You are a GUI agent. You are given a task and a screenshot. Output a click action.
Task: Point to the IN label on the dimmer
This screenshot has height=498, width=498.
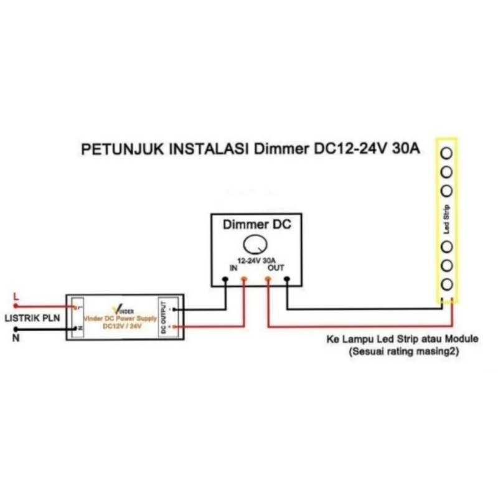coord(233,268)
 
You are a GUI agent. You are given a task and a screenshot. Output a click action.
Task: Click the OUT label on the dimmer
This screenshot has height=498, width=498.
coord(275,268)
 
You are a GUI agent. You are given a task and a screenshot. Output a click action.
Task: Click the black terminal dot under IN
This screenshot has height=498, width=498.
coord(225,280)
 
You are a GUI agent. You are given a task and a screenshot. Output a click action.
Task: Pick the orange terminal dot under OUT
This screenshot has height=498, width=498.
coord(268,280)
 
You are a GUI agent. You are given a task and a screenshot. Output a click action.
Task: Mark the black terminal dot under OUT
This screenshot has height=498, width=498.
coord(286,280)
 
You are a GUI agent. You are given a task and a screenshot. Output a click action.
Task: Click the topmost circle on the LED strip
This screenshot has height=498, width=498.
coord(446,152)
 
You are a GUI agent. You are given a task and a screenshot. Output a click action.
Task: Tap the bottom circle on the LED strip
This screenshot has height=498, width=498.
coord(446,285)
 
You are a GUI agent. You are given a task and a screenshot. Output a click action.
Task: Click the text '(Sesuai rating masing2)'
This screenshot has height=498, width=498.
coord(405,351)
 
